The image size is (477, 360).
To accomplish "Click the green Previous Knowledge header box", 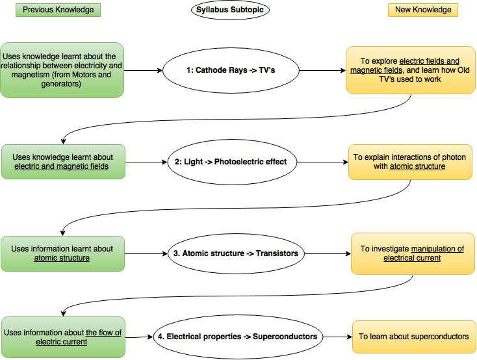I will click(x=58, y=10).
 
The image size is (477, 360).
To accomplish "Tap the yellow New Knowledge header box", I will click(x=423, y=10).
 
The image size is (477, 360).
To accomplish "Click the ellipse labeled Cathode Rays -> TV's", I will click(x=231, y=70).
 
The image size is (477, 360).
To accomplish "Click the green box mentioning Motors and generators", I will click(x=62, y=70).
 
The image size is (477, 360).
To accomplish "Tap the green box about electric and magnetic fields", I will click(x=62, y=162).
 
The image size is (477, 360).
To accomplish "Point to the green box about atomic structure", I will click(x=62, y=253).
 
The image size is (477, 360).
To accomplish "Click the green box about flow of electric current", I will click(x=62, y=337).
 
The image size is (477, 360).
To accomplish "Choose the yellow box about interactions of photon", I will click(x=409, y=162).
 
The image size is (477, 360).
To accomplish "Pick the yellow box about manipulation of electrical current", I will click(x=411, y=253).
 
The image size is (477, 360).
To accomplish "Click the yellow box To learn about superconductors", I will click(x=413, y=337).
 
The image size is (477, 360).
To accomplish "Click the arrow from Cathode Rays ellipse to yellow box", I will click(x=322, y=70).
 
